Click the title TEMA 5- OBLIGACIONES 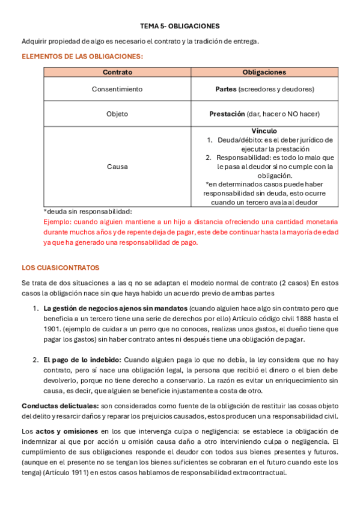click(x=180, y=26)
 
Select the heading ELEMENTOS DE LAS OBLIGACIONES click(x=82, y=57)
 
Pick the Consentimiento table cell click(x=117, y=89)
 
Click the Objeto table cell click(x=117, y=114)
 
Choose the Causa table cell click(x=117, y=167)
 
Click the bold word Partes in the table click(x=225, y=89)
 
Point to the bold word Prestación click(x=227, y=114)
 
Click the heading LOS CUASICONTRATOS click(x=60, y=267)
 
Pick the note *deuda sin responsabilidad click(x=87, y=211)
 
